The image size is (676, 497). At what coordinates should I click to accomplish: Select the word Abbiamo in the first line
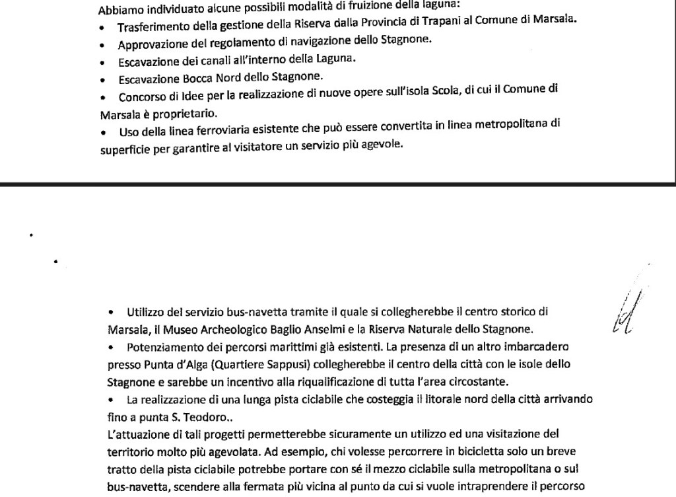click(x=117, y=11)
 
